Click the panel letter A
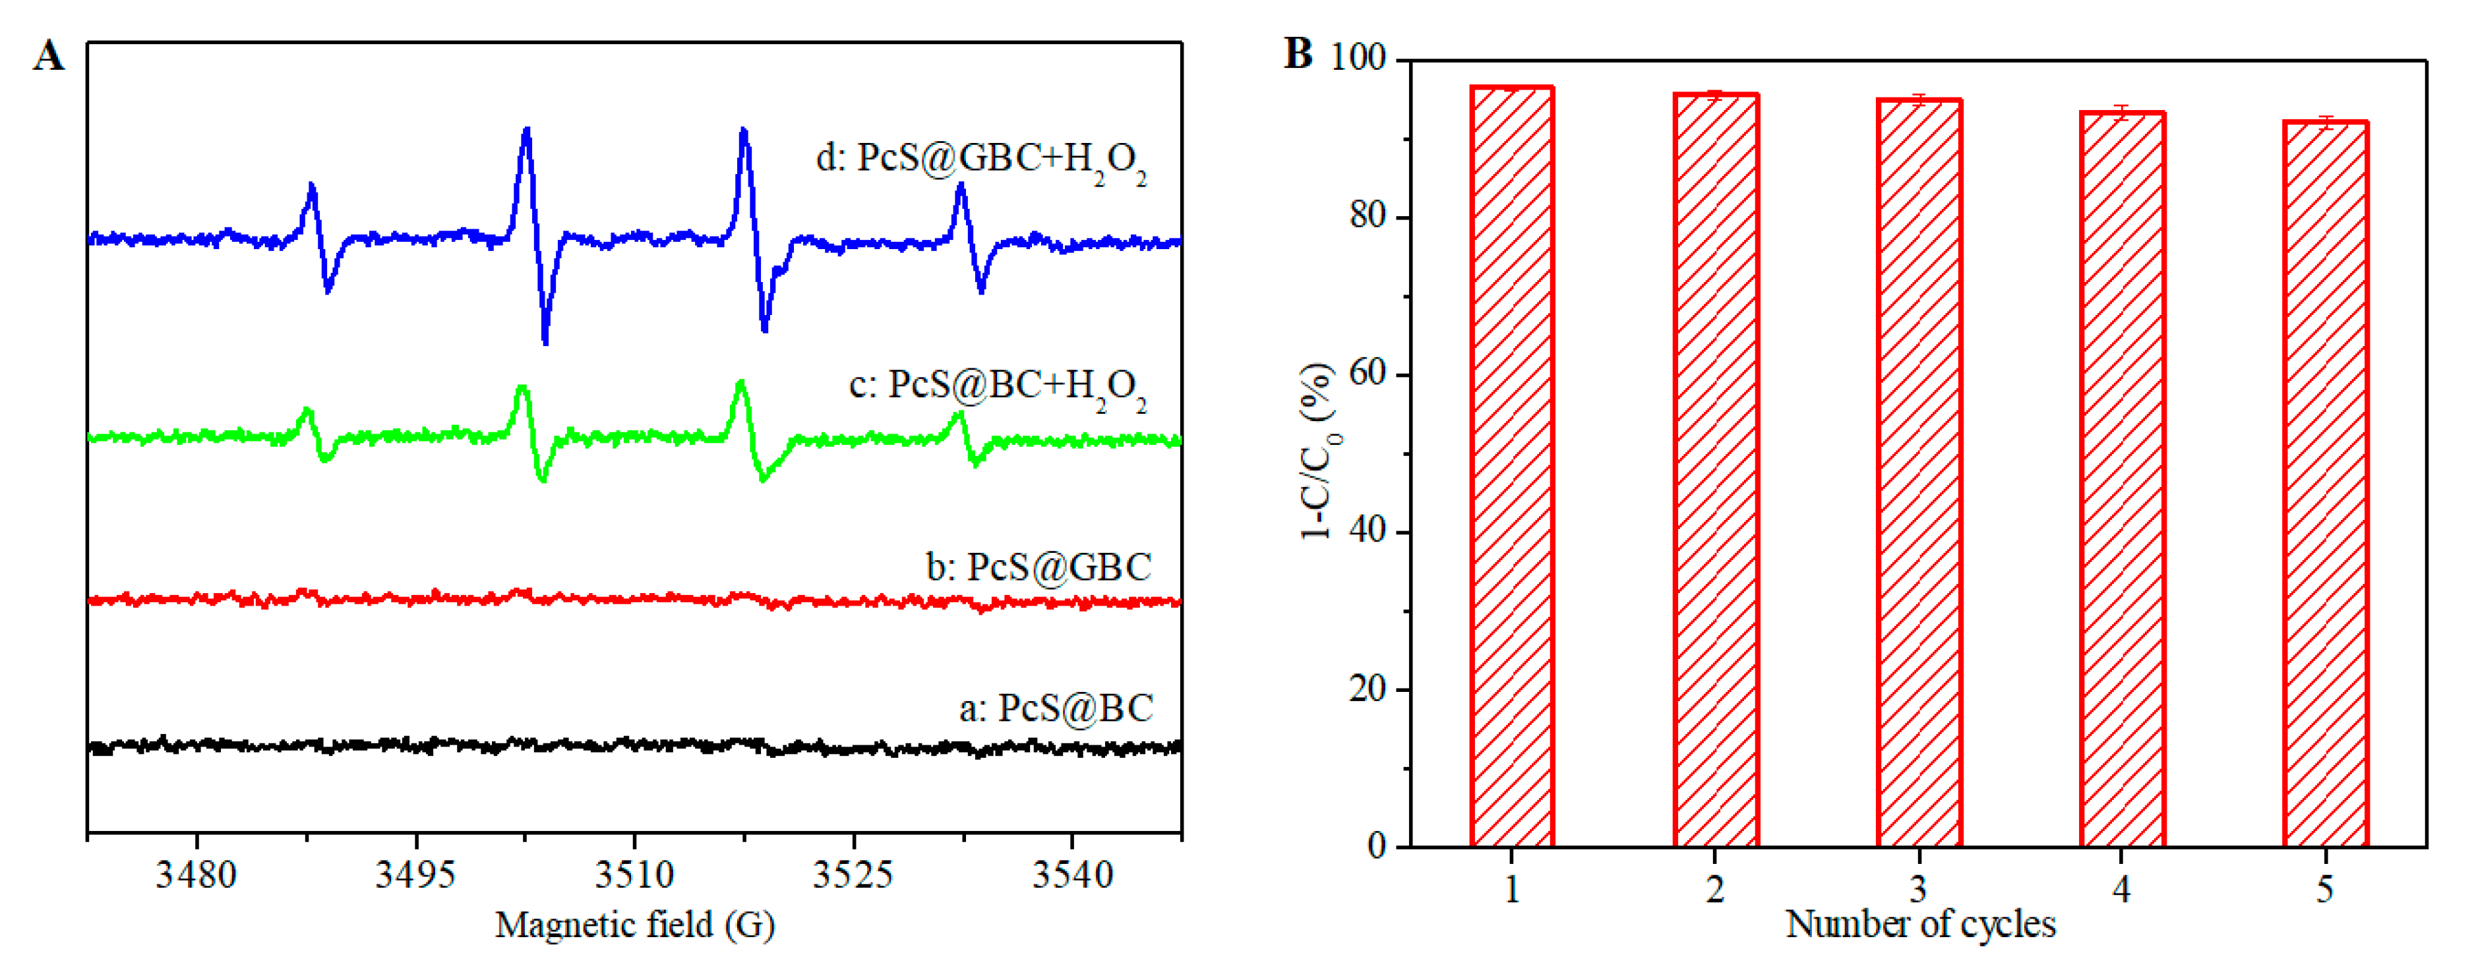[49, 55]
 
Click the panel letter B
[1298, 54]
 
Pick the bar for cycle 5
[2325, 484]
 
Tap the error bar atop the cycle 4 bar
[2122, 112]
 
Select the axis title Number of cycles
[1920, 924]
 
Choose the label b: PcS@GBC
[1039, 567]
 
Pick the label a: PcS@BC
[1056, 708]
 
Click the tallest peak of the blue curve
[526, 130]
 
